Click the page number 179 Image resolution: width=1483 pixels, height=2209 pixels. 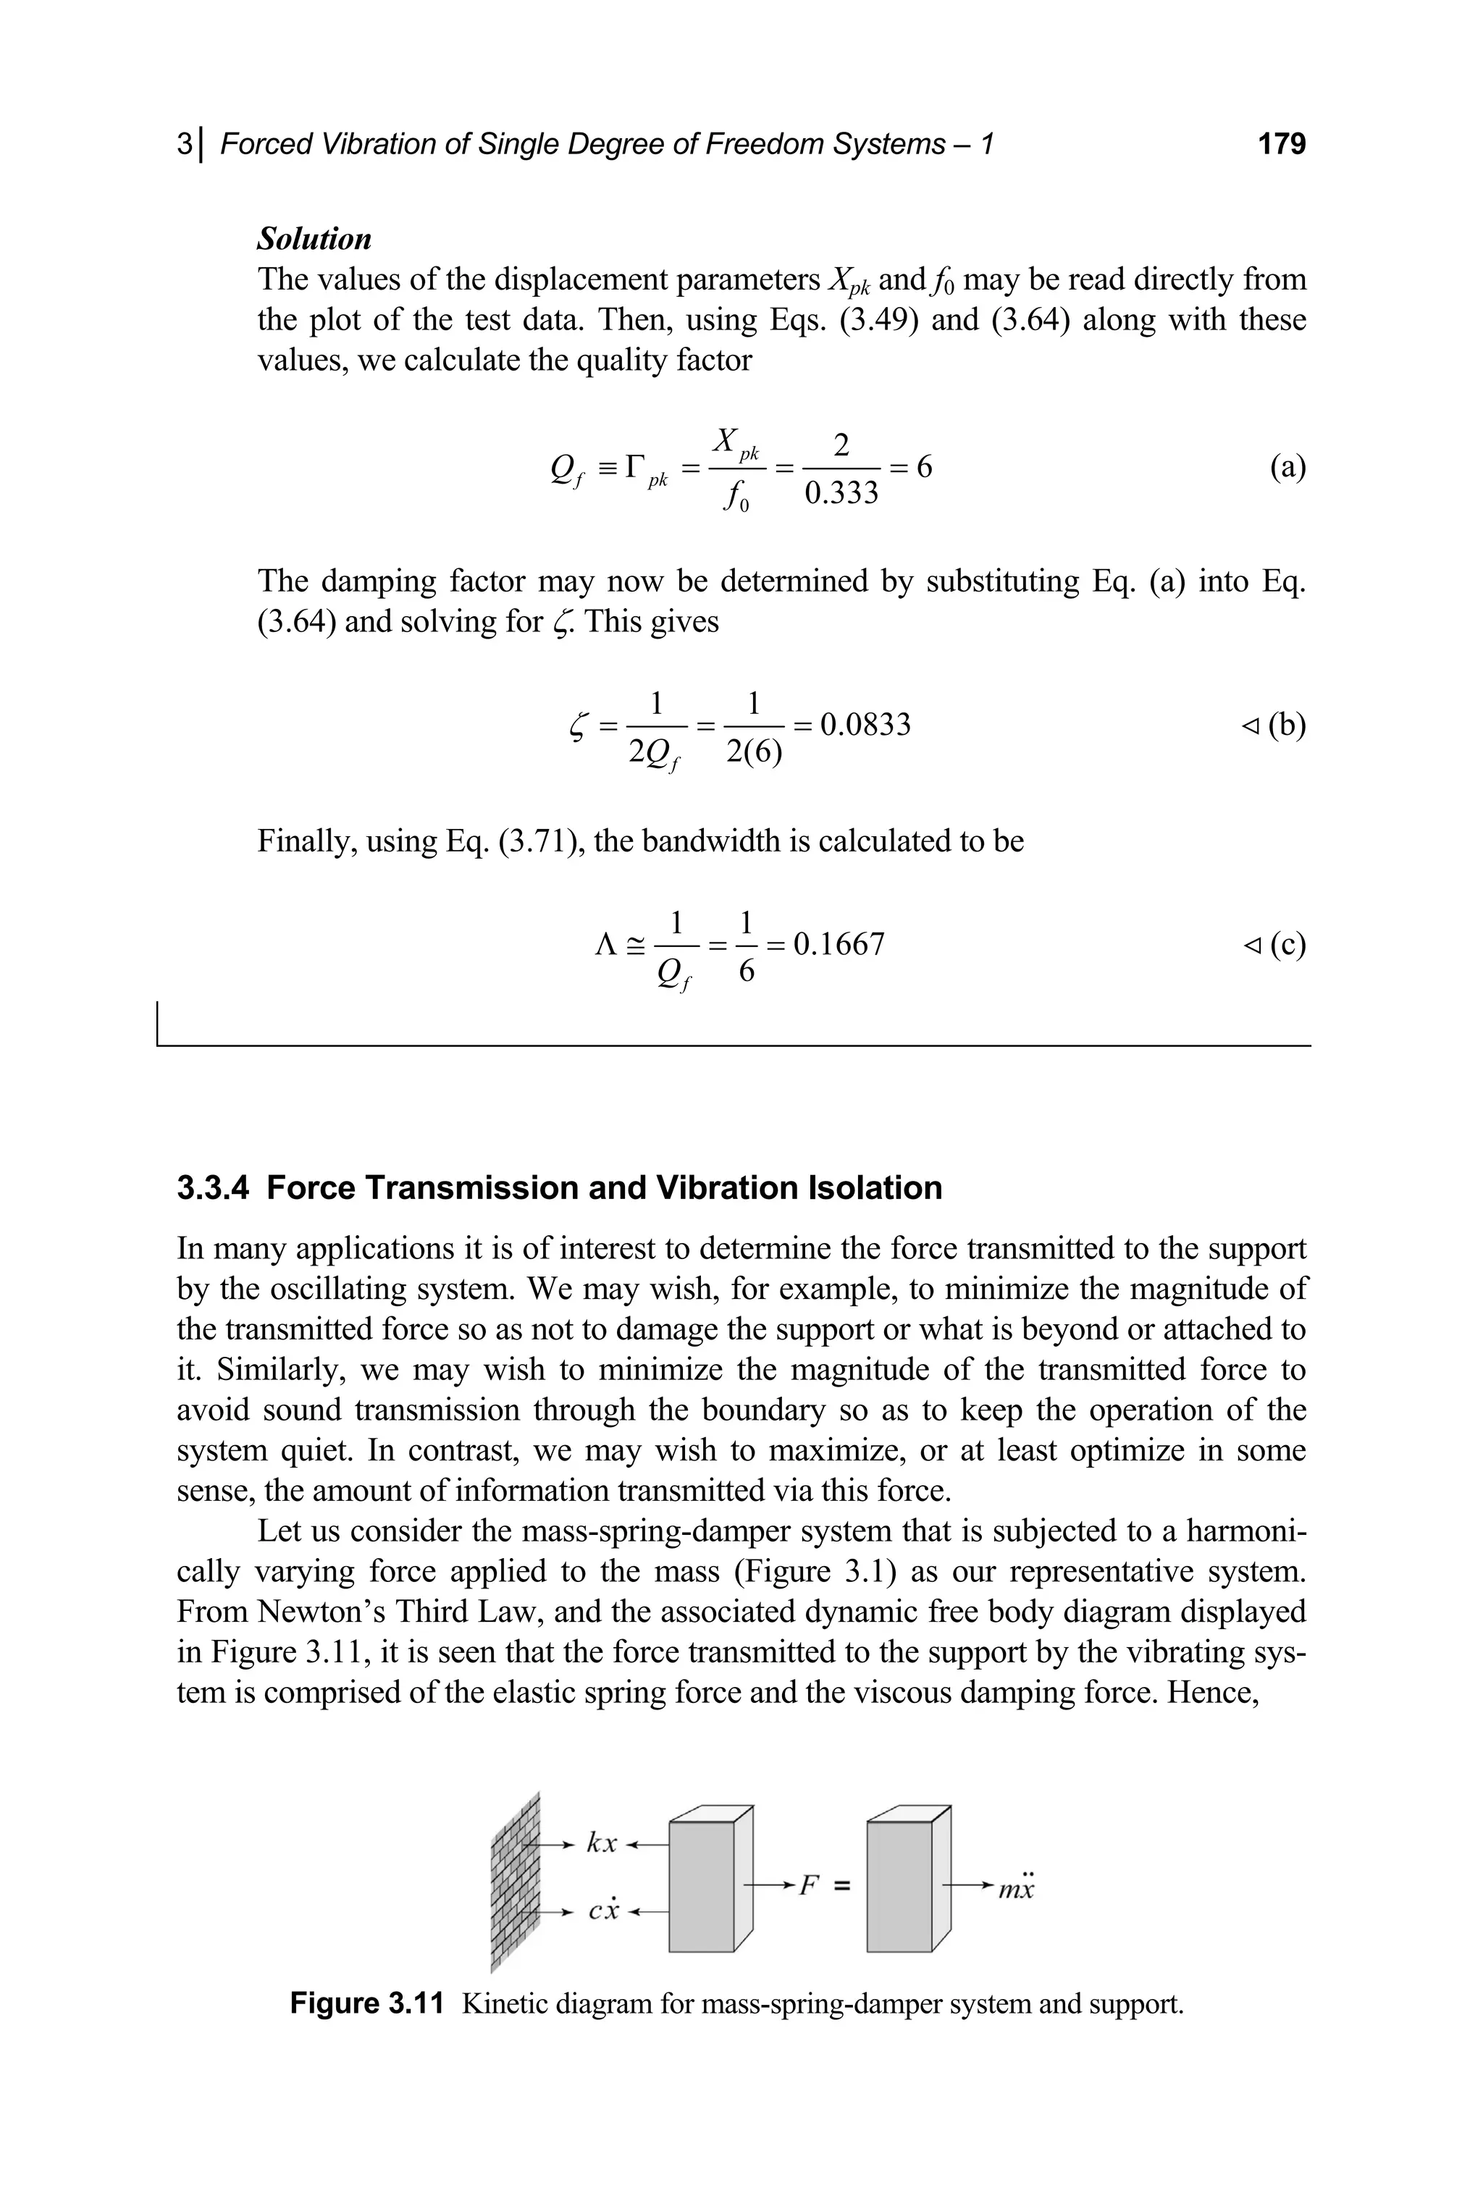[x=1282, y=144]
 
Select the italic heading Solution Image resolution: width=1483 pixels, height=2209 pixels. [x=314, y=238]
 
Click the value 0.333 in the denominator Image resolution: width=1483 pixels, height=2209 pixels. [x=841, y=492]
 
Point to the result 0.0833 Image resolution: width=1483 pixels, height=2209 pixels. [x=865, y=724]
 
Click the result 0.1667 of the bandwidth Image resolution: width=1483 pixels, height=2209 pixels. [x=839, y=943]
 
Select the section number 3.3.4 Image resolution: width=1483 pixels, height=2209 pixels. [x=213, y=1187]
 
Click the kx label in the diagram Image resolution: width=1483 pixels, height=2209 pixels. [x=602, y=1843]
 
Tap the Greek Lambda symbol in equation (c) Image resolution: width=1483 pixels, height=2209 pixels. [x=605, y=943]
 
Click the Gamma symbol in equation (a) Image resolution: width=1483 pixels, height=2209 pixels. [x=636, y=466]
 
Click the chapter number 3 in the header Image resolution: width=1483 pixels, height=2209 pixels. [x=183, y=144]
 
